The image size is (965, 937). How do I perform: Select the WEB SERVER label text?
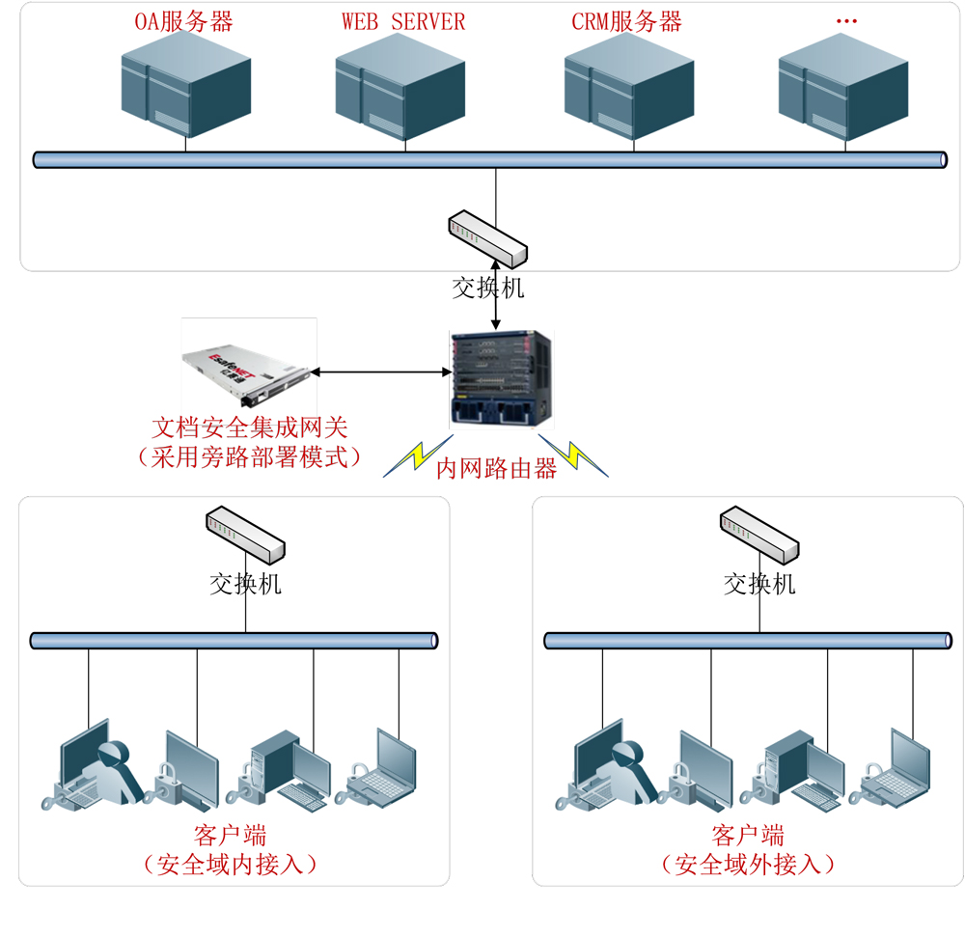pos(403,21)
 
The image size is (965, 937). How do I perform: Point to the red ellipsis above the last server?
pos(846,21)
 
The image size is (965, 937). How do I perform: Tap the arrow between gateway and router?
pos(380,372)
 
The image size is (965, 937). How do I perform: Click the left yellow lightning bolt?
pos(412,458)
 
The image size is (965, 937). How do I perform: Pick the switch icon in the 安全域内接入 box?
pos(246,534)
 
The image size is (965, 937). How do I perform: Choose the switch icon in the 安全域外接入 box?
pos(760,534)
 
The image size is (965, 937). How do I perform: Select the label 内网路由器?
pos(496,469)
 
